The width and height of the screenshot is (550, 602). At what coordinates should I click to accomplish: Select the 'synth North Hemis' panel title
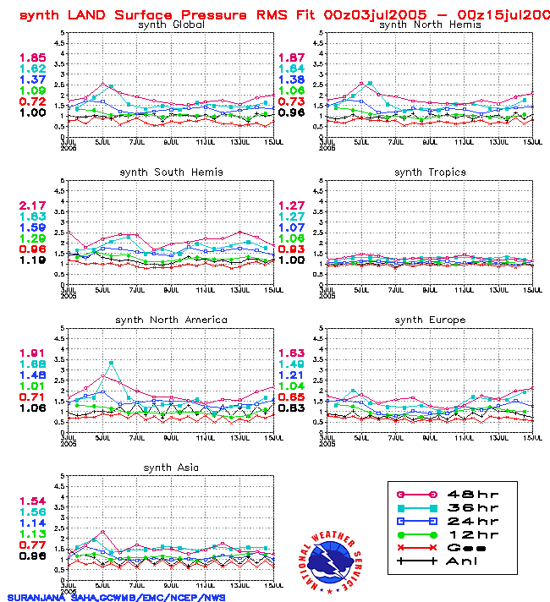[430, 25]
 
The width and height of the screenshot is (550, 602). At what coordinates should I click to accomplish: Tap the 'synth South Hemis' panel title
[171, 172]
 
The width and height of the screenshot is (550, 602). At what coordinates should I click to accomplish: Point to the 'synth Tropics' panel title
[430, 172]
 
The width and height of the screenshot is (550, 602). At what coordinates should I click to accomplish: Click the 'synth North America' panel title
[171, 320]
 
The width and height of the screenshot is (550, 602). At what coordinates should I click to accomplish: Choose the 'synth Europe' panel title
[430, 320]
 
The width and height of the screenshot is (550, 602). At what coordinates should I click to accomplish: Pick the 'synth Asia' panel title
[171, 468]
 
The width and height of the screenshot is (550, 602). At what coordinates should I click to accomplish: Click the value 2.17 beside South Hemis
[33, 206]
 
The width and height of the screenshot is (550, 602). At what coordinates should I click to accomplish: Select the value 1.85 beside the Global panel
[33, 57]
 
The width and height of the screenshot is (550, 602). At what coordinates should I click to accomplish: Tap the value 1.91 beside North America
[33, 353]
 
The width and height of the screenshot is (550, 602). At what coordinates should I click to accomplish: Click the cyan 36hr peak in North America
[112, 363]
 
